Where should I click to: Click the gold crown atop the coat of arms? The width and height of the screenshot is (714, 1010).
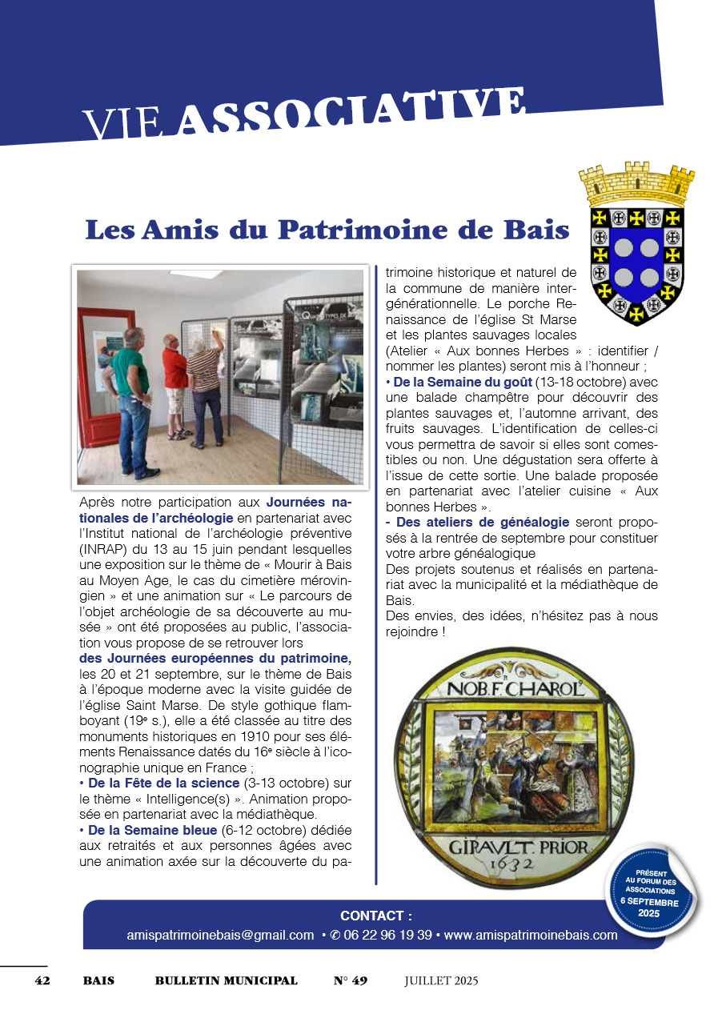636,185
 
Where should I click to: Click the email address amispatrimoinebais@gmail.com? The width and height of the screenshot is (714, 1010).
220,935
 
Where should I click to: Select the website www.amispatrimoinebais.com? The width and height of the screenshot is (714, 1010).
530,935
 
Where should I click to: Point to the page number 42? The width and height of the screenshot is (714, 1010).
42,980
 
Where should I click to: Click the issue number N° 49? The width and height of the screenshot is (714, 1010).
350,980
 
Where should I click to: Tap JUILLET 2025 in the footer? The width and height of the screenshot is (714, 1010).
440,980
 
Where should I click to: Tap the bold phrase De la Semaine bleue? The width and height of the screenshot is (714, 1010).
152,830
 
